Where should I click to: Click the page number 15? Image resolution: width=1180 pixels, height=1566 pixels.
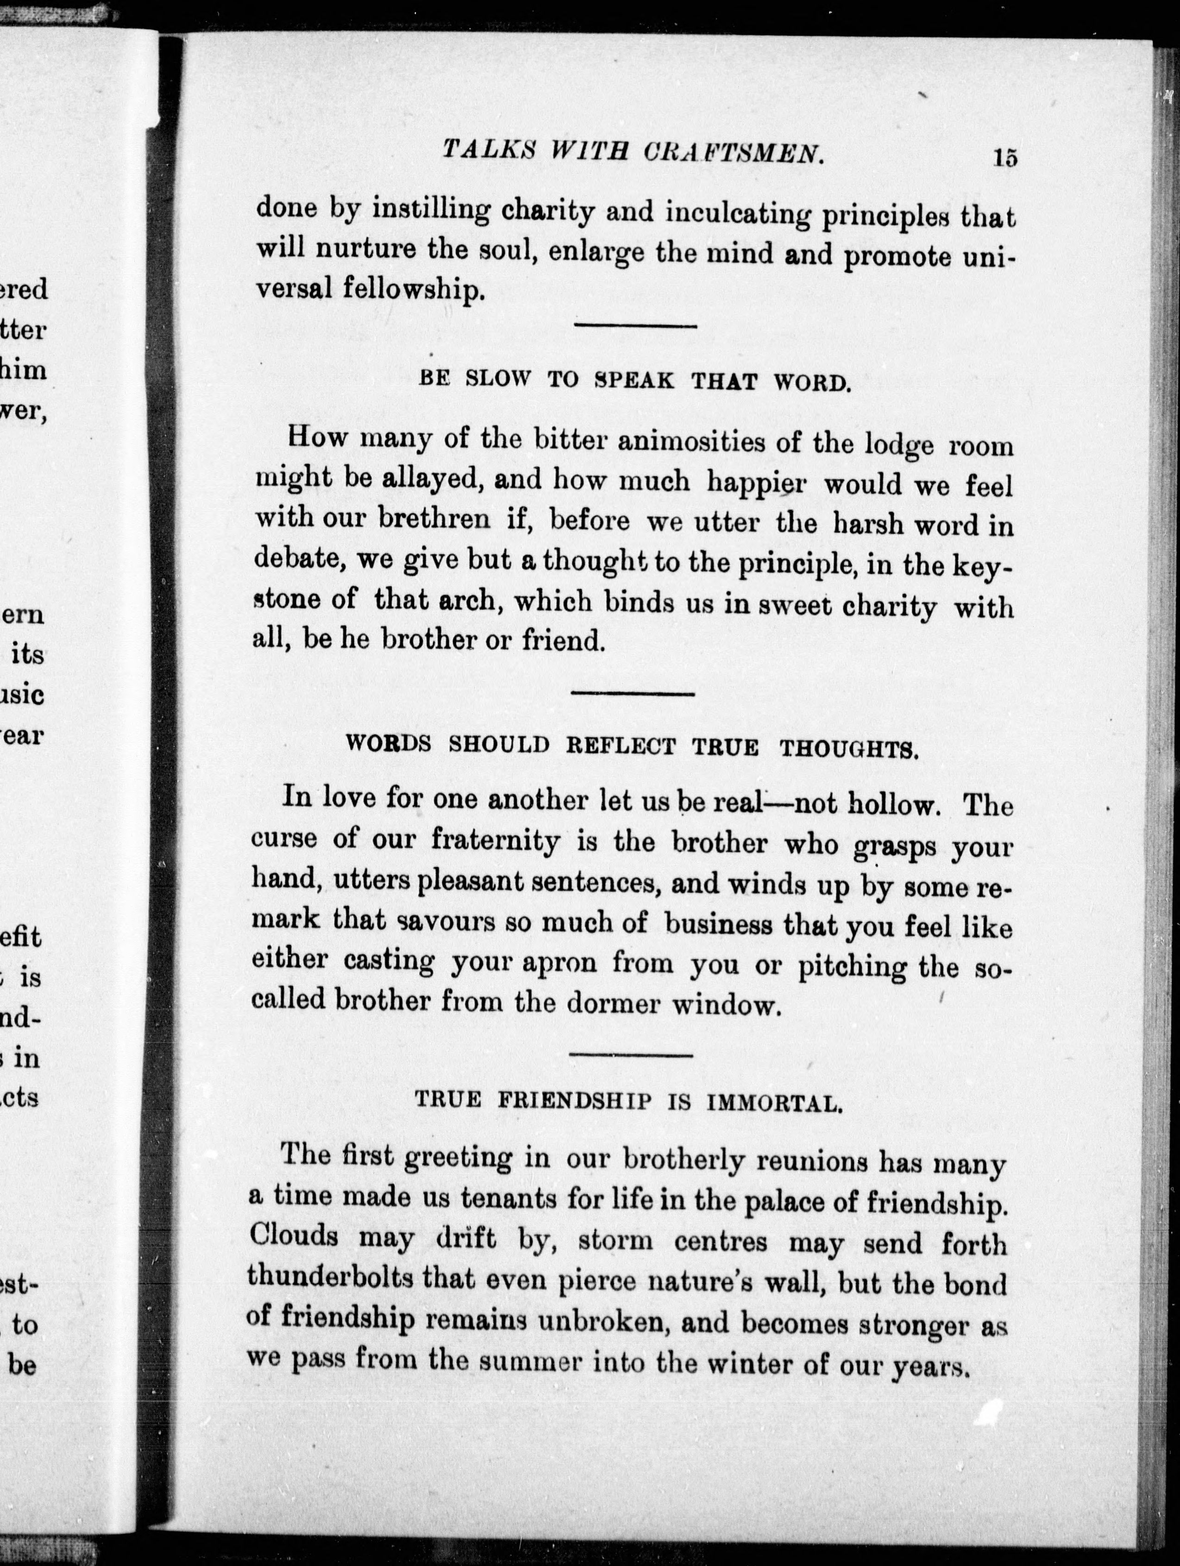coord(1005,157)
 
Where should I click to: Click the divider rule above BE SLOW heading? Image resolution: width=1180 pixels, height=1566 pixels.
coord(634,326)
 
